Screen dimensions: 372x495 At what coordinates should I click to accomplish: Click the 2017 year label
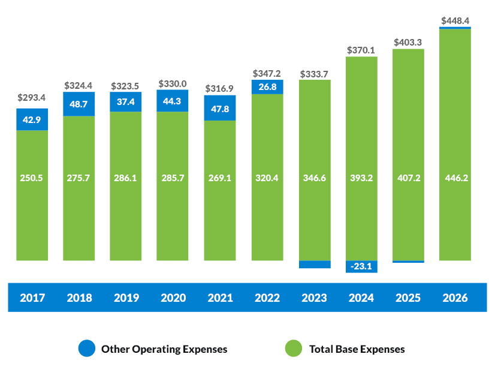pyautogui.click(x=32, y=298)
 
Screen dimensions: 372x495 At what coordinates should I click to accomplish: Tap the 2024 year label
pyautogui.click(x=361, y=298)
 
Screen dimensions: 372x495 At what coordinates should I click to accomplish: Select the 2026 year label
pyautogui.click(x=455, y=298)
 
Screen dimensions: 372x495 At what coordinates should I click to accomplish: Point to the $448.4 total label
pyautogui.click(x=455, y=20)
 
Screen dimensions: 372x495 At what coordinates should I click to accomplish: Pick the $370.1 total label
pyautogui.click(x=361, y=50)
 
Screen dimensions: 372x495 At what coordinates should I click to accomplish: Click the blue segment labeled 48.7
pyautogui.click(x=79, y=104)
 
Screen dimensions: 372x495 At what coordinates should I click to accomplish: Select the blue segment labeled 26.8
pyautogui.click(x=267, y=87)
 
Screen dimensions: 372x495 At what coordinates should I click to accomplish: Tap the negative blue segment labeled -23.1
pyautogui.click(x=361, y=266)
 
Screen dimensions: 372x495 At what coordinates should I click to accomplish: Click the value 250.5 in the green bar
pyautogui.click(x=32, y=178)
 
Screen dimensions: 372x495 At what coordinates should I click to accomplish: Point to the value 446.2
pyautogui.click(x=455, y=178)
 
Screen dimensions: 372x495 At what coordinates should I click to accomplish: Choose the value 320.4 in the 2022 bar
pyautogui.click(x=267, y=178)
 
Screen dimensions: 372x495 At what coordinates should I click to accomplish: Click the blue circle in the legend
pyautogui.click(x=87, y=349)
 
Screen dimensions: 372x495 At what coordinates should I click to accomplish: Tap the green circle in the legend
pyautogui.click(x=294, y=349)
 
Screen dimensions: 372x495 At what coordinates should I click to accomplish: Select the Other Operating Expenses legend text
pyautogui.click(x=164, y=349)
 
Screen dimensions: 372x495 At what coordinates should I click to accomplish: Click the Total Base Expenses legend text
pyautogui.click(x=357, y=349)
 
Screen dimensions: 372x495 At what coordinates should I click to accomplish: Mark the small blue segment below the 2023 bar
pyautogui.click(x=315, y=265)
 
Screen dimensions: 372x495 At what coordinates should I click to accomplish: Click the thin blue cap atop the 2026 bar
pyautogui.click(x=455, y=28)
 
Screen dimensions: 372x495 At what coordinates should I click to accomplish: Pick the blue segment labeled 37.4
pyautogui.click(x=126, y=101)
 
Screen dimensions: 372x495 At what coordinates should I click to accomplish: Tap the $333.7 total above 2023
pyautogui.click(x=315, y=74)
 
